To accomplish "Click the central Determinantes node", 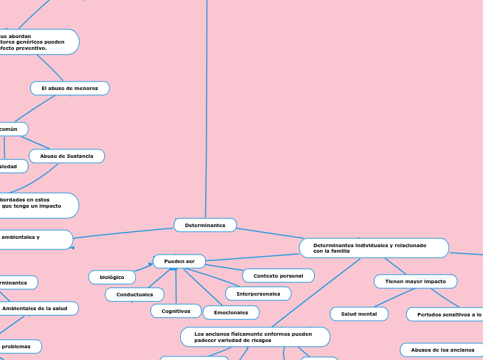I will [205, 225].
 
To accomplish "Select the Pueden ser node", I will [179, 261].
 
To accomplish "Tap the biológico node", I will [112, 277].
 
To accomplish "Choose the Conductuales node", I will [134, 294].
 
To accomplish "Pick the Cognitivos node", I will [176, 311].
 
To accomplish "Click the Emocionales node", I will [231, 312].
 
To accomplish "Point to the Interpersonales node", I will [258, 294].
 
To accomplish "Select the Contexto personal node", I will [278, 276].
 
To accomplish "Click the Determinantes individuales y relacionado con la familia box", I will [374, 248].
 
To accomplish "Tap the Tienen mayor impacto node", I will [415, 281].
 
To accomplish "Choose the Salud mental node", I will [359, 314].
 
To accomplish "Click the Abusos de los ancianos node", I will [442, 350].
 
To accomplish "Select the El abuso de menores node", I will [69, 88].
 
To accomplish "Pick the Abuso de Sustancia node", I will [67, 156].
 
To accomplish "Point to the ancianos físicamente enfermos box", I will [255, 337].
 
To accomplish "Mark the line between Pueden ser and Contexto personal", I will [224, 268].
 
